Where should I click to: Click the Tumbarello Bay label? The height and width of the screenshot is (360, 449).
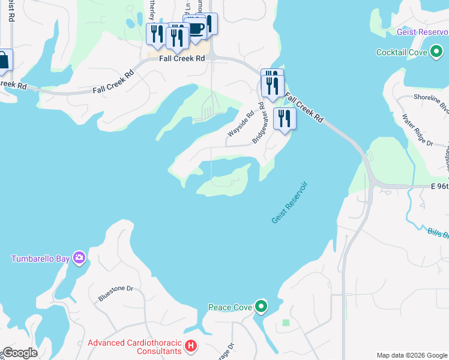coord(41,259)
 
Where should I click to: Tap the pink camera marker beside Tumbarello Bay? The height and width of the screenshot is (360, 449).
coord(79,259)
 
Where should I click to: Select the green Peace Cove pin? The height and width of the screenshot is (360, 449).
coord(261,307)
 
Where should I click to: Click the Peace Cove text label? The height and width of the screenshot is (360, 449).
coord(230,308)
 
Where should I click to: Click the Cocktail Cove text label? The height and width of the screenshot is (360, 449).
coord(402,53)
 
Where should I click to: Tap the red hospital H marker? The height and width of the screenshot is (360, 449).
coord(190,346)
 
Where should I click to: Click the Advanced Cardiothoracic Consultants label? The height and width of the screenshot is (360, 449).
coord(134,347)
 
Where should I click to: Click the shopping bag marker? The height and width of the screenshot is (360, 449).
coord(4,61)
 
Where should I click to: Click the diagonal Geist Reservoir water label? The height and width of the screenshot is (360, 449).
coord(289,202)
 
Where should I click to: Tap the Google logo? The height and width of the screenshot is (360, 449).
coord(19,353)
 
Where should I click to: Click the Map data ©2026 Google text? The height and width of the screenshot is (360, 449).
coord(412,355)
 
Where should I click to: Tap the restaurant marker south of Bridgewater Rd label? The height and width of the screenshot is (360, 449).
coord(284,118)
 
